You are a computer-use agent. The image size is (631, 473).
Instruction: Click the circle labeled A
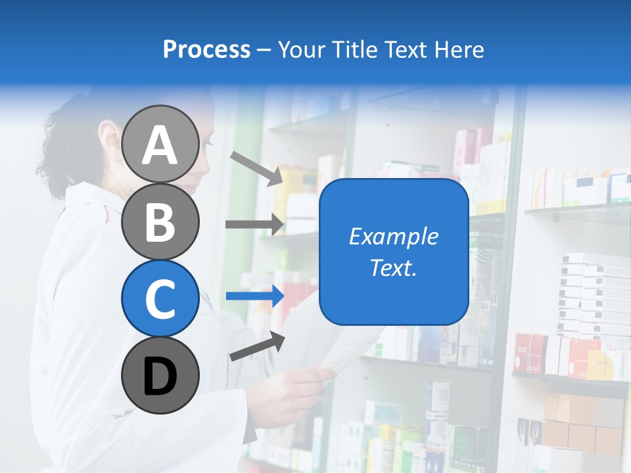(160, 144)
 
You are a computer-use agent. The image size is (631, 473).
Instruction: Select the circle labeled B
(160, 221)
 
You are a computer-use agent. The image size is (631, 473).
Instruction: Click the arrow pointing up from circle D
(257, 346)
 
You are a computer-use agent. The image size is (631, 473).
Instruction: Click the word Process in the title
(206, 49)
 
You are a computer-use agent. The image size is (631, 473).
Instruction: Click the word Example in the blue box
(393, 236)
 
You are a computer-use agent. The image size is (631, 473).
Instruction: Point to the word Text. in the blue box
(393, 267)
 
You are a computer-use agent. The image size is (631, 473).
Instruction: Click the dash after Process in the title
(264, 50)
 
